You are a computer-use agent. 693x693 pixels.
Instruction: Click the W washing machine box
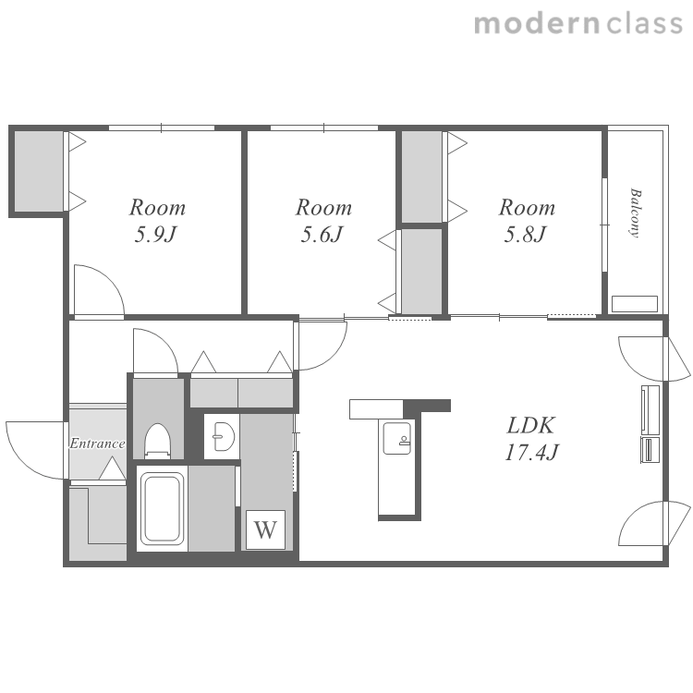click(265, 529)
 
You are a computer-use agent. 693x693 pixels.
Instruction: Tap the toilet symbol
click(158, 440)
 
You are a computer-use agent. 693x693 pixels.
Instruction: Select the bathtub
click(163, 508)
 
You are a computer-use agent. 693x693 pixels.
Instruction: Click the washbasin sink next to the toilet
click(224, 437)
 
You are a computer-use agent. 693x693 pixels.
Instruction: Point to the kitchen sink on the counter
click(396, 438)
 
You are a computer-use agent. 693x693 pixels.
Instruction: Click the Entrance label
click(97, 444)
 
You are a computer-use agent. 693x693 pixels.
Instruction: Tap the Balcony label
click(636, 213)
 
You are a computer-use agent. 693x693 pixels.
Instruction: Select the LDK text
click(530, 425)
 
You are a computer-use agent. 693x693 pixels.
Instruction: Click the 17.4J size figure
click(531, 452)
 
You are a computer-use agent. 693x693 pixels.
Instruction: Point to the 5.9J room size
click(155, 235)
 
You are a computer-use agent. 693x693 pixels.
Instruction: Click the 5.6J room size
click(322, 235)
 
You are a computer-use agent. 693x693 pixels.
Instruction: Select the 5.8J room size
click(526, 235)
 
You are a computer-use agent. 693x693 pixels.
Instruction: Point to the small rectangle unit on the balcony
click(635, 304)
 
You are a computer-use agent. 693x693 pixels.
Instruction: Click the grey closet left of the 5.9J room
click(39, 172)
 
